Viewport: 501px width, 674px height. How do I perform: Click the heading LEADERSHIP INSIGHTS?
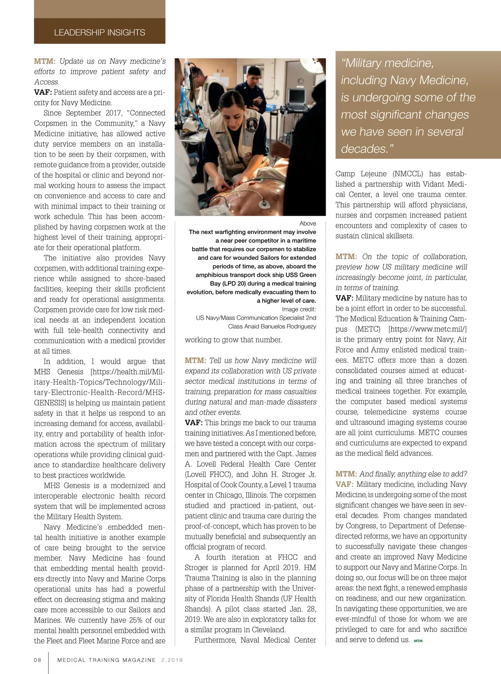click(x=99, y=33)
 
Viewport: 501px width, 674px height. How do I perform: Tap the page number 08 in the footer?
click(x=38, y=660)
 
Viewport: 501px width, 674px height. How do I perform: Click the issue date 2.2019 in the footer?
click(x=172, y=660)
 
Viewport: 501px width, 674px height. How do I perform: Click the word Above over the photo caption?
click(x=308, y=224)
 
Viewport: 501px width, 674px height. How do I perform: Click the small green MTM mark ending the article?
click(x=418, y=641)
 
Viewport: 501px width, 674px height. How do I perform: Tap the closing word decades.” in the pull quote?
click(x=367, y=149)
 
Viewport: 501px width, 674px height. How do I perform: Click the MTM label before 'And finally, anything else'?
click(x=346, y=474)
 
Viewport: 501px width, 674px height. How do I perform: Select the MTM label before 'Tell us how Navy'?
click(x=195, y=361)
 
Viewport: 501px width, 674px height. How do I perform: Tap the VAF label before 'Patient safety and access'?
click(x=43, y=92)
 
